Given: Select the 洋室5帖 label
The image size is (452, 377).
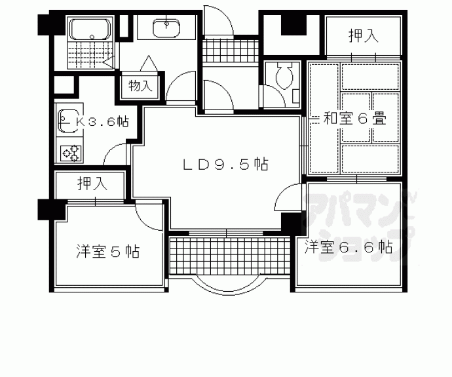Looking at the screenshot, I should tap(107, 251).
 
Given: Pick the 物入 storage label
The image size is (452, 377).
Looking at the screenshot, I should tap(141, 85).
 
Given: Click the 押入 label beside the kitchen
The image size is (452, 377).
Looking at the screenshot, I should tap(90, 183).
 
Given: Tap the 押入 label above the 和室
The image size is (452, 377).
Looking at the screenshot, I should tap(362, 36).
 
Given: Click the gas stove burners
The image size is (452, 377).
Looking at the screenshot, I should tap(71, 153).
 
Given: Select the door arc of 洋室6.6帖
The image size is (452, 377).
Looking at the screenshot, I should tap(286, 196).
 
